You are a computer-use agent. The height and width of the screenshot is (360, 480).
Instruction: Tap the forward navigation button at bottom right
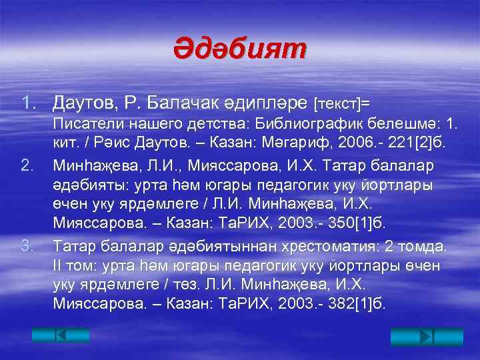413,335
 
